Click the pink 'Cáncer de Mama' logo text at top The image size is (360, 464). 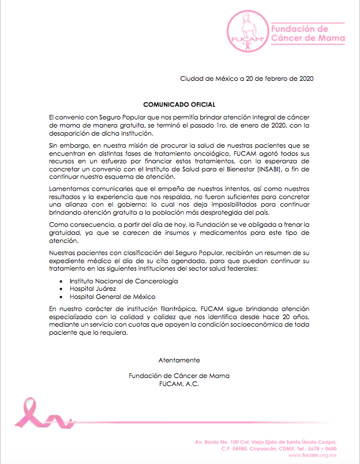(x=308, y=39)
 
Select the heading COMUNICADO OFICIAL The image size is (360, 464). (x=179, y=104)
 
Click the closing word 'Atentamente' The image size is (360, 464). (x=179, y=360)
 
